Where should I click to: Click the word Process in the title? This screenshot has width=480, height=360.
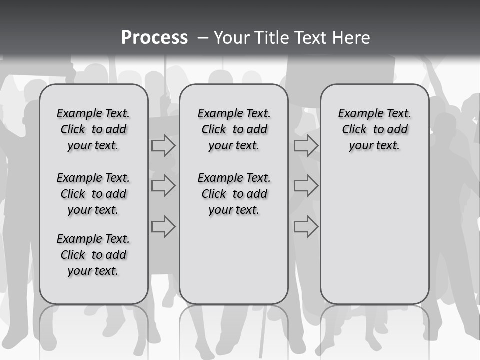[154, 38]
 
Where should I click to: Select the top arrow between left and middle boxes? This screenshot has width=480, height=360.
[163, 146]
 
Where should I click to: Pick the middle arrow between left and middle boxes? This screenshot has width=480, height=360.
[163, 186]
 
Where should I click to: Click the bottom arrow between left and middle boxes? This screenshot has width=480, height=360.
[163, 226]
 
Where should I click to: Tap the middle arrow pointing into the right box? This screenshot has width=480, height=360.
[306, 186]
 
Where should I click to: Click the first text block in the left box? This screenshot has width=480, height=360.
[93, 129]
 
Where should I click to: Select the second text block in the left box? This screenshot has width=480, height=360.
[93, 194]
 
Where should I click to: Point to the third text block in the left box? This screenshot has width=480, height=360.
[93, 255]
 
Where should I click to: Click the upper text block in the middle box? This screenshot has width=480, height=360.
[234, 129]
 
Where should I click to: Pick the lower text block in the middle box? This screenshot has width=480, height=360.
[234, 194]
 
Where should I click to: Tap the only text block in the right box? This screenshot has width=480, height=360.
[374, 129]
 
